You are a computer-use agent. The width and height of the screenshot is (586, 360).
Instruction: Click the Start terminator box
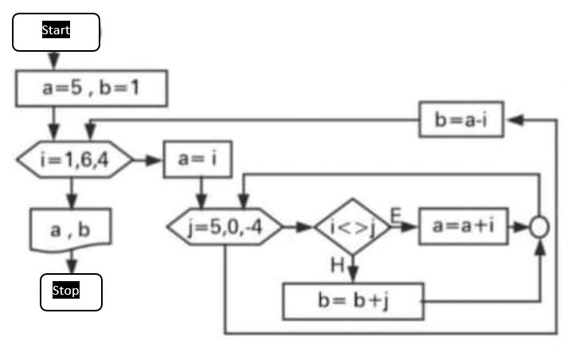[56, 32]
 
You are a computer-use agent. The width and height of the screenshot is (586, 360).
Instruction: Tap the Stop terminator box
[71, 292]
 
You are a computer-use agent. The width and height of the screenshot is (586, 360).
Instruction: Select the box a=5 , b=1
[92, 88]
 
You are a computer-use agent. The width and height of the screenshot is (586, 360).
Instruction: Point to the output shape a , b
[70, 230]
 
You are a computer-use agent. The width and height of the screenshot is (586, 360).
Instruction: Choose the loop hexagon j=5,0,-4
[225, 227]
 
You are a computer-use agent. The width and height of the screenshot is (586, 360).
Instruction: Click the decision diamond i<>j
[351, 227]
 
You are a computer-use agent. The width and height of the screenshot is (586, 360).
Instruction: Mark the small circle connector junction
[539, 227]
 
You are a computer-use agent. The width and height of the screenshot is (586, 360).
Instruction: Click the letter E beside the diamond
[395, 213]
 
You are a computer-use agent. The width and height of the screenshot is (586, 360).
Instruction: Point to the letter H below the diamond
[338, 265]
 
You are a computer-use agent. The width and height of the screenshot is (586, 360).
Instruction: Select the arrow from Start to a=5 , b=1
[54, 61]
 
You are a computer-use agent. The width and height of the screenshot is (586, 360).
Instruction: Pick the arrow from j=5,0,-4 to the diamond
[299, 227]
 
